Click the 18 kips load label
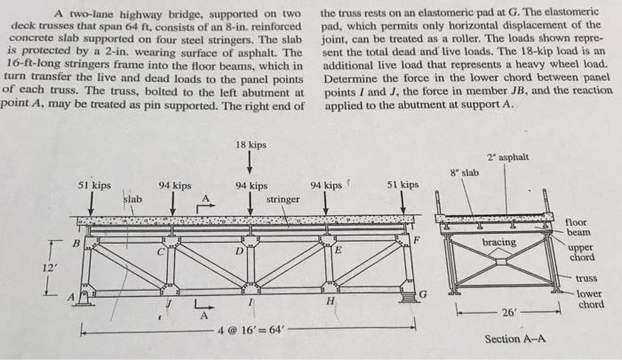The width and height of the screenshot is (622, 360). click(251, 144)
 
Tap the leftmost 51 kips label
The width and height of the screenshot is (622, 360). click(94, 186)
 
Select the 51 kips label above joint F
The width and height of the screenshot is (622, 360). click(403, 185)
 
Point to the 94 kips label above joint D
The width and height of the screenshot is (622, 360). click(251, 186)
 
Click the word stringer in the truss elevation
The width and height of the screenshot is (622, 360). click(283, 199)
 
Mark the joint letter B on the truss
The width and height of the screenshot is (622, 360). click(76, 241)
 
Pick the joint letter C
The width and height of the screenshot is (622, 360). click(159, 252)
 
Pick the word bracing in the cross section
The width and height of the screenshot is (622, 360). click(499, 242)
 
